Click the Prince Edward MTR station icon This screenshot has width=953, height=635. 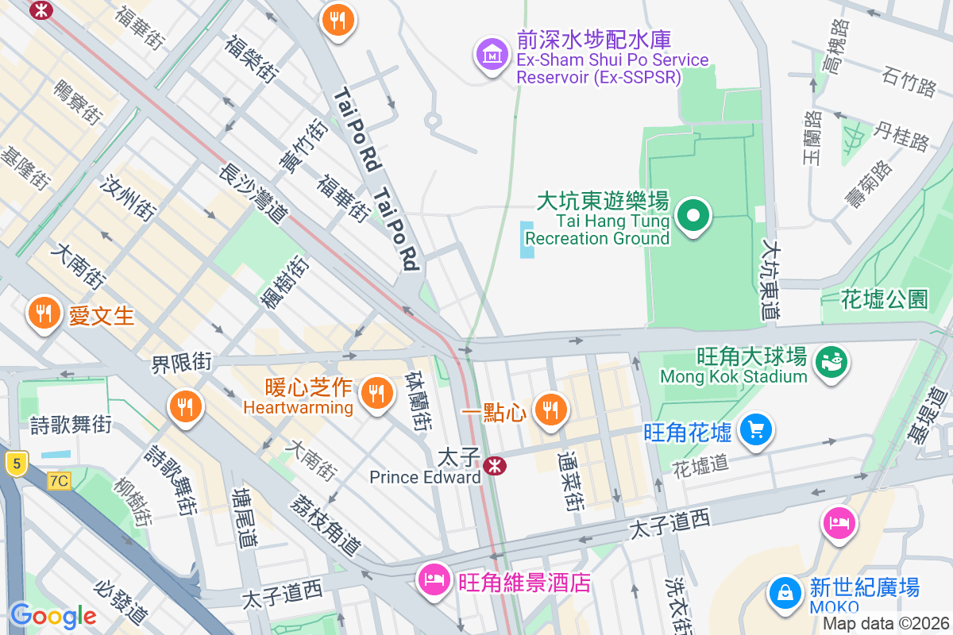point(495,465)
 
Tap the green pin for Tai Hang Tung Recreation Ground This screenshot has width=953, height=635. point(693,215)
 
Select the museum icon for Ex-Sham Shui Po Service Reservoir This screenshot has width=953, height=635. point(492,54)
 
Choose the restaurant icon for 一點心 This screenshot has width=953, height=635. point(548,410)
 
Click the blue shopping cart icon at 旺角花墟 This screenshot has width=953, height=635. point(755,430)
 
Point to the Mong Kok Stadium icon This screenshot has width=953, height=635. point(831,363)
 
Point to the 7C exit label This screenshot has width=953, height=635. point(59,479)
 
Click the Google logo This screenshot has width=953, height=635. point(52,615)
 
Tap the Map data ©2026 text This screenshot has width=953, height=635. point(885,623)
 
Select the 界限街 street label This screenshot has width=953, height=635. point(182,363)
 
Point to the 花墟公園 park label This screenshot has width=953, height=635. point(885,299)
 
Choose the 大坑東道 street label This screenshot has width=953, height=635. point(770,279)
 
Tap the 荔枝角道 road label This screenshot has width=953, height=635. point(326,525)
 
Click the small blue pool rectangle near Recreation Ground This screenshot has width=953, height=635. point(527,239)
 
